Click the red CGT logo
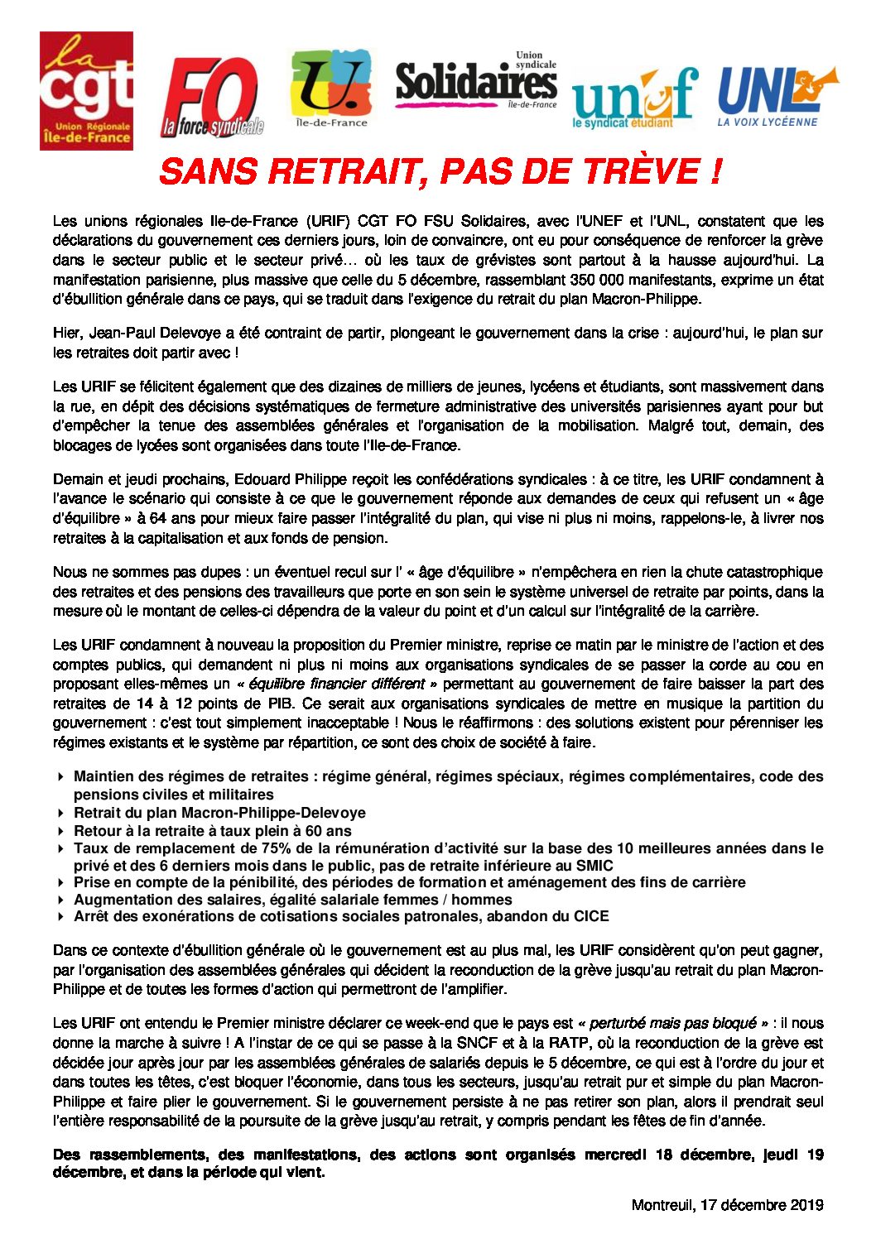(86, 90)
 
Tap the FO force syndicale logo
(212, 98)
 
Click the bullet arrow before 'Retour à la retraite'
(61, 831)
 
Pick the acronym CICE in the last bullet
(590, 916)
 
